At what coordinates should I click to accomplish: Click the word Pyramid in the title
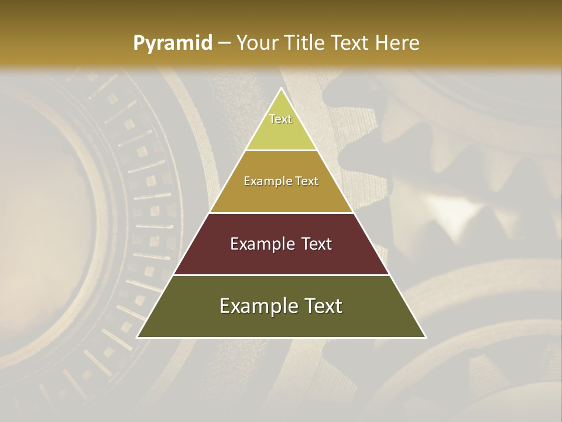[x=173, y=43]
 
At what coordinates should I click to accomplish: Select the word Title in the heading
[x=305, y=43]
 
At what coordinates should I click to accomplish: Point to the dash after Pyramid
[x=224, y=43]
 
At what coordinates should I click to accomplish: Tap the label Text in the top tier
[x=280, y=119]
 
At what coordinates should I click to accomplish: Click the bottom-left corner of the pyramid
[x=138, y=337]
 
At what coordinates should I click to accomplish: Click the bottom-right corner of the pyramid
[x=425, y=337]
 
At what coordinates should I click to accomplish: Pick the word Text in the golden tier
[x=307, y=182]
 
